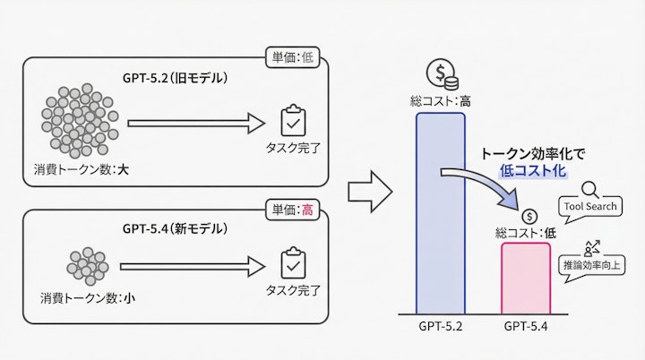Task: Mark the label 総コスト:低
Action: tap(527, 232)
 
